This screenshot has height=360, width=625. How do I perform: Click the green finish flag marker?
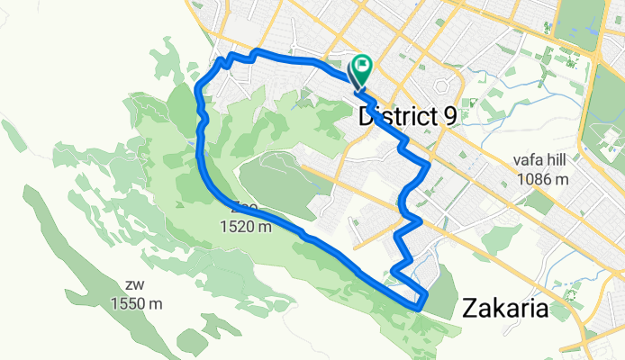[x=363, y=67]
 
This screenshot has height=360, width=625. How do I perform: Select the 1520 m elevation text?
[x=245, y=228]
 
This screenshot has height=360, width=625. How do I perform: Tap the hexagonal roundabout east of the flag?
[x=441, y=87]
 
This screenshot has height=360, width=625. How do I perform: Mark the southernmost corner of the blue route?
[x=419, y=307]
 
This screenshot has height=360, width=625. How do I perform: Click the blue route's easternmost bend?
[x=427, y=165]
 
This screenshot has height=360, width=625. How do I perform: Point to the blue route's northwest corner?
[x=219, y=61]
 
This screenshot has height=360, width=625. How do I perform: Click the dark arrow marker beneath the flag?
[x=358, y=90]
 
